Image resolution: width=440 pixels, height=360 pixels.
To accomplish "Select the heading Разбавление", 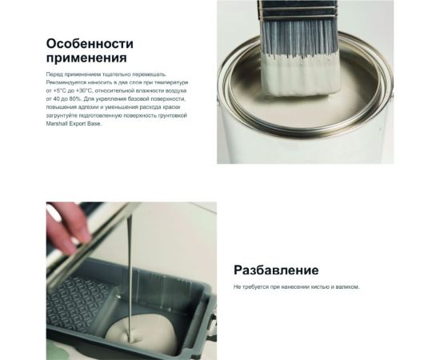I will (276, 270).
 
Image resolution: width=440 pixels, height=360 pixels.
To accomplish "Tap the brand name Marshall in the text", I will (58, 124).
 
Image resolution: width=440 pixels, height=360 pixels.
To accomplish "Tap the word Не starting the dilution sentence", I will (237, 286).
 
